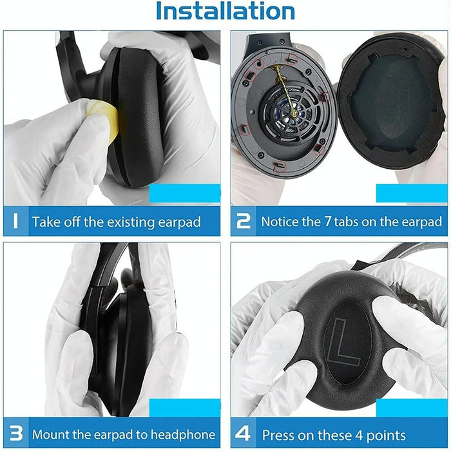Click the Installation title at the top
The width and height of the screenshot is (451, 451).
[x=225, y=11]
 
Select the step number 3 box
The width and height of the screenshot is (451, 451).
[x=15, y=434]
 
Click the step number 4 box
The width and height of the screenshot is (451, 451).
[x=244, y=434]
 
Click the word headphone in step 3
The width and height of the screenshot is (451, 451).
[x=181, y=435]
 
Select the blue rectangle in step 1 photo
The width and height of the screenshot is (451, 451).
[x=185, y=194]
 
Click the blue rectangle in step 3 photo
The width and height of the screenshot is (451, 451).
[x=185, y=407]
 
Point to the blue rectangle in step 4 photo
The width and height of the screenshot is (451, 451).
[x=412, y=407]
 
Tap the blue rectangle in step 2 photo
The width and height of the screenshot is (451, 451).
[x=412, y=194]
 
